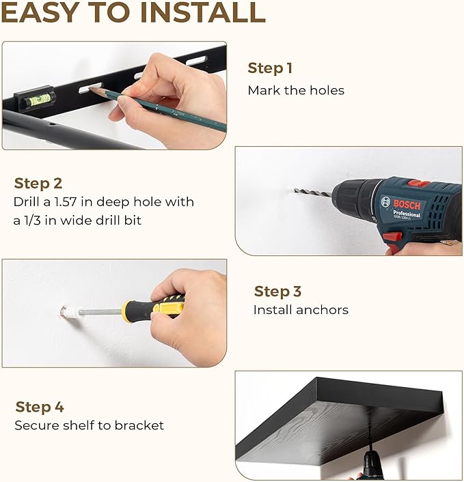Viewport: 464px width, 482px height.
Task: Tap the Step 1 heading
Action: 270,68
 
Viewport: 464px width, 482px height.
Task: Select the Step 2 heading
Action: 38,184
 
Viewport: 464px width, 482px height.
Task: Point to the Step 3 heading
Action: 277,292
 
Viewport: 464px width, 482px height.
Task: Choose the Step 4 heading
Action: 40,407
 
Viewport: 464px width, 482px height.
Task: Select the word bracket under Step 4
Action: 139,425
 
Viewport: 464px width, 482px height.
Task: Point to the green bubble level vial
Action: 40,100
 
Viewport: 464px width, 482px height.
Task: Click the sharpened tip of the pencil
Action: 90,89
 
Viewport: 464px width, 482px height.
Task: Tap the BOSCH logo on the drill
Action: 406,204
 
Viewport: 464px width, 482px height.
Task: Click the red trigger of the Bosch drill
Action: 392,237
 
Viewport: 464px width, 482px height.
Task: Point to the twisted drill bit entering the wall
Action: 313,193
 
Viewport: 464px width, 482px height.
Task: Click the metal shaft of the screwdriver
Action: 100,312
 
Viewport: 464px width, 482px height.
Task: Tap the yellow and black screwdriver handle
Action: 153,307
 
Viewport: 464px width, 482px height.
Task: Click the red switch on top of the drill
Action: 418,184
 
